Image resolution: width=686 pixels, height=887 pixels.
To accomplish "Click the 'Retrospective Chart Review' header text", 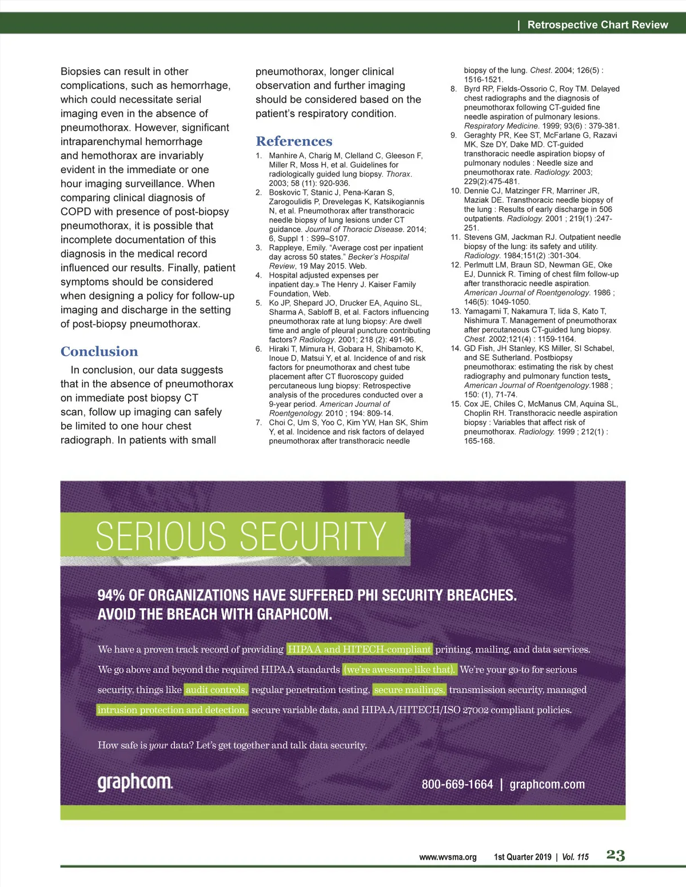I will click(597, 25).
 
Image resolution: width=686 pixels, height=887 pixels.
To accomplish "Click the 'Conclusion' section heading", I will click(99, 351).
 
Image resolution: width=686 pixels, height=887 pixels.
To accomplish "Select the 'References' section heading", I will click(294, 141).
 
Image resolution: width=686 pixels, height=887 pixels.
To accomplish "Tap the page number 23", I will click(616, 855).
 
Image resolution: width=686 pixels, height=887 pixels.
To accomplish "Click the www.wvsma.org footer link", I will click(448, 857).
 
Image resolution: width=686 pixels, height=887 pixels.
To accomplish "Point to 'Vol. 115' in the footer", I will click(575, 857).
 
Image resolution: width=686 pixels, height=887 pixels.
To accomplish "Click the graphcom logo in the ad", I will click(135, 782).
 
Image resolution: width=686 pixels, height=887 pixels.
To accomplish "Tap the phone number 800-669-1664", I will click(457, 784).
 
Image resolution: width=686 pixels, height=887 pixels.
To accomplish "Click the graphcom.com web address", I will click(547, 784).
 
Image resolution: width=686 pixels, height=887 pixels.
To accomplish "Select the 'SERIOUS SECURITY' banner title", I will click(241, 536).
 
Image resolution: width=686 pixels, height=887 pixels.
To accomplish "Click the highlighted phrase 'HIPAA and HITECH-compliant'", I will click(360, 649).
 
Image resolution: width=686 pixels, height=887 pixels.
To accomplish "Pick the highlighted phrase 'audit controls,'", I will click(216, 690).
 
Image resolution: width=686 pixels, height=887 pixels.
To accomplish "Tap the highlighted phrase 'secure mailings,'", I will click(409, 690).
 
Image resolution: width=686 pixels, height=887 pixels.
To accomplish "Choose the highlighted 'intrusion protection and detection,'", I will click(172, 710).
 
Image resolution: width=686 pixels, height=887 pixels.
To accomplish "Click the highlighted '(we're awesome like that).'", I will click(400, 669).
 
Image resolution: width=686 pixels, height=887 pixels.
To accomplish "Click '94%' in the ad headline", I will click(111, 595).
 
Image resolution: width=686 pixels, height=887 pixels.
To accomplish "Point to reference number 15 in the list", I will click(456, 404).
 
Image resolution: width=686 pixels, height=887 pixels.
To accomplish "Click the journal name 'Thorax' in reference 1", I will click(398, 174).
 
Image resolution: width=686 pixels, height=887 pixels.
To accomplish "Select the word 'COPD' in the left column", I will click(76, 212).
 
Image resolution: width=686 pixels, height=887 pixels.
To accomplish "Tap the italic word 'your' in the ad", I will click(158, 745).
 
